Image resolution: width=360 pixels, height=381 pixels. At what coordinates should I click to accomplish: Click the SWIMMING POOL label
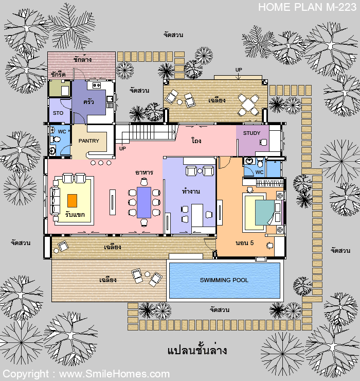tap(224, 280)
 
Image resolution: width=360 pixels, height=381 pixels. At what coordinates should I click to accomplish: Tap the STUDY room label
tap(251, 133)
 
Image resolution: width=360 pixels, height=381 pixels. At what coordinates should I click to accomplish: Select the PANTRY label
tap(89, 141)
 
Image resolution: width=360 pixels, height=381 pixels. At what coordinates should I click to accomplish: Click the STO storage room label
tap(58, 113)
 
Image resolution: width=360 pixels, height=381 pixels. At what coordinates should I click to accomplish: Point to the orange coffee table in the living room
tap(73, 200)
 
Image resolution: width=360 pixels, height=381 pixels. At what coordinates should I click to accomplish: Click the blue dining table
tap(144, 202)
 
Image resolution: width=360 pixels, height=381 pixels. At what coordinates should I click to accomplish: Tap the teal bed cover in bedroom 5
tap(264, 212)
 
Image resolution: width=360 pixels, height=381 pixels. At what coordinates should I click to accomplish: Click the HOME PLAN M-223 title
tap(307, 7)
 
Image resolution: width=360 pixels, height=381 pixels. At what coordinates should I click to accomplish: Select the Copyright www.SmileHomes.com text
tap(86, 374)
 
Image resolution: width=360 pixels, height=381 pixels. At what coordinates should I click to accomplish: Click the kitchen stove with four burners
tap(97, 85)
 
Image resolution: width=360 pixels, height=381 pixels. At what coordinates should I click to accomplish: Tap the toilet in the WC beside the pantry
tap(56, 140)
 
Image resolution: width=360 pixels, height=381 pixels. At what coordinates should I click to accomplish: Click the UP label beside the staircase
tap(122, 148)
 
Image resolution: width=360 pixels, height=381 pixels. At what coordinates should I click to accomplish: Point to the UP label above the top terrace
tap(239, 70)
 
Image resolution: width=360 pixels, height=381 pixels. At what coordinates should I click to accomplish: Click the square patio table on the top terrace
tap(248, 105)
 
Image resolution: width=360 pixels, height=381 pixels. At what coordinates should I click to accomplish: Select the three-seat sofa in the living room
tap(55, 201)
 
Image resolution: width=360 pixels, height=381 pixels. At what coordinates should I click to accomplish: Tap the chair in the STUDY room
tap(263, 142)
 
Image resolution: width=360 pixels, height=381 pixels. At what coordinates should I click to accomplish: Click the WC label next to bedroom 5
tap(259, 172)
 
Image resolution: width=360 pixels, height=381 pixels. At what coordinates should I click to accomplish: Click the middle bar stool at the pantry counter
tap(101, 163)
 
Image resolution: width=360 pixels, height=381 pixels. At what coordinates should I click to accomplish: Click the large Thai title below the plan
tap(197, 351)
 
